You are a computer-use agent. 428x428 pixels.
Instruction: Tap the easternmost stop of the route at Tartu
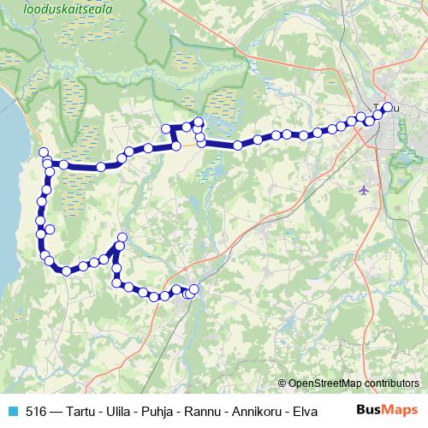pyautogui.click(x=388, y=107)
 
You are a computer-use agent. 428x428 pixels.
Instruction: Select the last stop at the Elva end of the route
pyautogui.click(x=194, y=289)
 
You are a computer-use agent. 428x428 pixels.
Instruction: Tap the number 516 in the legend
pyautogui.click(x=37, y=411)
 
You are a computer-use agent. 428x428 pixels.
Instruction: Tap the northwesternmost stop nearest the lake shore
pyautogui.click(x=43, y=152)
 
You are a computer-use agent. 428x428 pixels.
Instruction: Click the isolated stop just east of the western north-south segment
pyautogui.click(x=50, y=229)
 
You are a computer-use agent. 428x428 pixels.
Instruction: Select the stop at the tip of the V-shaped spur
pyautogui.click(x=122, y=237)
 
